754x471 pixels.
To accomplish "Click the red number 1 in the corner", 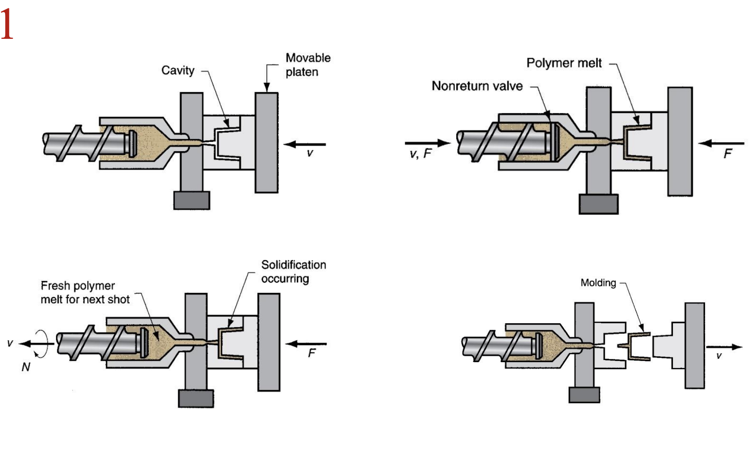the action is click(x=7, y=24).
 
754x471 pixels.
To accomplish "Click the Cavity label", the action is click(x=178, y=70).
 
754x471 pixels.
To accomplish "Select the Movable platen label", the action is click(x=308, y=65).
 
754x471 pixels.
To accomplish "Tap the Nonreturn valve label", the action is click(x=477, y=86).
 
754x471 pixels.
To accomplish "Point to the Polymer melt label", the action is click(x=564, y=63).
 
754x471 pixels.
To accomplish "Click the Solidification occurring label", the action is click(x=293, y=271).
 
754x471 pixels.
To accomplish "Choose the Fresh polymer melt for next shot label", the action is click(x=85, y=292).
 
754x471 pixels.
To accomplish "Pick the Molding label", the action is click(x=598, y=283).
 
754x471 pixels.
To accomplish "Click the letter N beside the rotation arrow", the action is click(x=26, y=367).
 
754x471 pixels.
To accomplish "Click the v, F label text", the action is click(x=420, y=154).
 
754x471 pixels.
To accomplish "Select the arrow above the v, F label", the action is click(x=428, y=143).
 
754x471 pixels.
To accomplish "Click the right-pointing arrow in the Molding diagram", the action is click(x=724, y=347).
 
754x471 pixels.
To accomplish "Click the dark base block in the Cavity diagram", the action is click(x=192, y=200).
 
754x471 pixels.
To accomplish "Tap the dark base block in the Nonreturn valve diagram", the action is click(x=599, y=204).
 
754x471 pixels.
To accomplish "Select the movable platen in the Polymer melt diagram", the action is click(x=680, y=141).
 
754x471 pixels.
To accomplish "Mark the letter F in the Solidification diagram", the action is click(x=312, y=353).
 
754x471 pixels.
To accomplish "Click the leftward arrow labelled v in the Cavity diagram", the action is click(x=304, y=144).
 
